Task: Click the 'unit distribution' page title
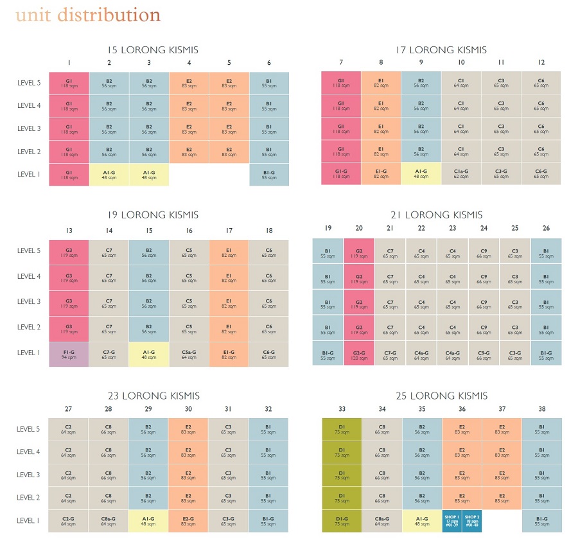[x=88, y=15]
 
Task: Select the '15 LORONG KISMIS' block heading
[x=152, y=49]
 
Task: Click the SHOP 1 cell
[x=451, y=521]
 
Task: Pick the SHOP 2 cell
[x=471, y=521]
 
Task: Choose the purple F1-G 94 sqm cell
[x=69, y=355]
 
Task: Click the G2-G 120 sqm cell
[x=359, y=355]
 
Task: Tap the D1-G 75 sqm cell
[x=342, y=521]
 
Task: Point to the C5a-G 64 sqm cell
[x=189, y=355]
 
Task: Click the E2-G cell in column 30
[x=188, y=521]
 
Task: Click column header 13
[x=69, y=230]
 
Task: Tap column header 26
[x=546, y=228]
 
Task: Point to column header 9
[x=421, y=62]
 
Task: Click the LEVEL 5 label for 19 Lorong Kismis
[x=29, y=251]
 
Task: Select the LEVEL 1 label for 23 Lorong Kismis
[x=29, y=521]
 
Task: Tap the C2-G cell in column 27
[x=69, y=521]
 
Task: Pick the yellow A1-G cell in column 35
[x=422, y=521]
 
